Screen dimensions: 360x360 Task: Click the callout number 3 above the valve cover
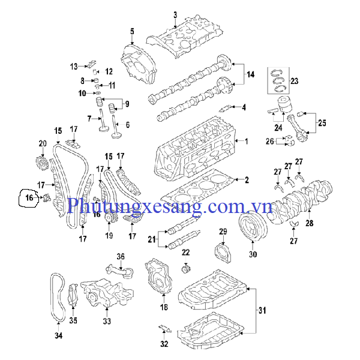tap(175, 14)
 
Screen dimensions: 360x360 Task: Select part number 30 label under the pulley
tap(252, 254)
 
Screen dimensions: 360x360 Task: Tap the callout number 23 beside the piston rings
tap(294, 80)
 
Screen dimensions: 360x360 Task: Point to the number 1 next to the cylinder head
tap(245, 142)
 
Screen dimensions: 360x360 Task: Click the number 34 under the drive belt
tap(58, 335)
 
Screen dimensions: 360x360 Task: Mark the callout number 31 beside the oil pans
tap(261, 310)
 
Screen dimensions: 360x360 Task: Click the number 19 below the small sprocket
tap(109, 236)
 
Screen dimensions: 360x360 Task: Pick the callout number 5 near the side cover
tap(132, 31)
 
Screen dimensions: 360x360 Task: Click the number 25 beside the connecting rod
tap(322, 123)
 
